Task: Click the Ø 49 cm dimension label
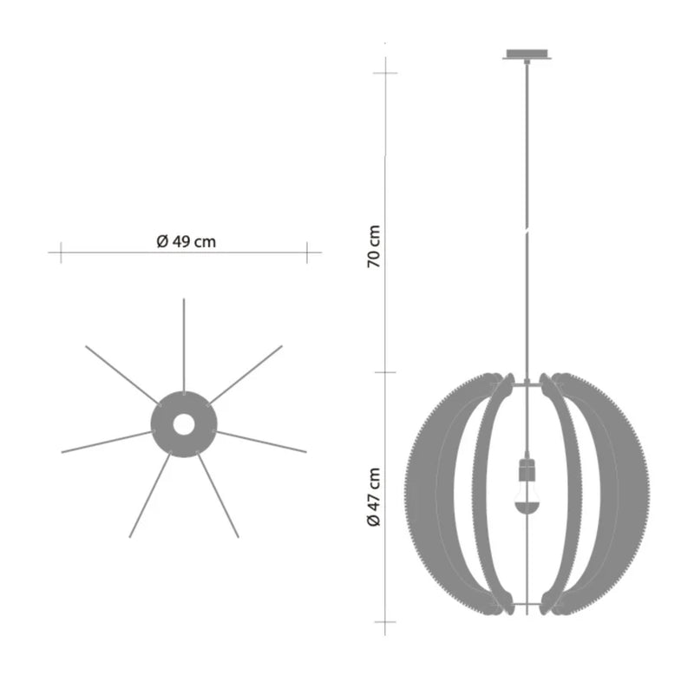tap(186, 242)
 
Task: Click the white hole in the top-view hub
tap(183, 424)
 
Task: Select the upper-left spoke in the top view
tap(121, 375)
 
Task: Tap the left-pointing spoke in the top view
tap(104, 442)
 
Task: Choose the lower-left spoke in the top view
tap(149, 495)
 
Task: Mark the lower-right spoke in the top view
tap(218, 495)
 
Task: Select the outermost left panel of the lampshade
tap(429, 495)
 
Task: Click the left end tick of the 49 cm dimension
tap(60, 252)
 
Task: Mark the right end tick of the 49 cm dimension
tap(307, 252)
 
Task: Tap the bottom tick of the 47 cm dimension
tap(384, 622)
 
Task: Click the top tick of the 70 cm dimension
tap(384, 72)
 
